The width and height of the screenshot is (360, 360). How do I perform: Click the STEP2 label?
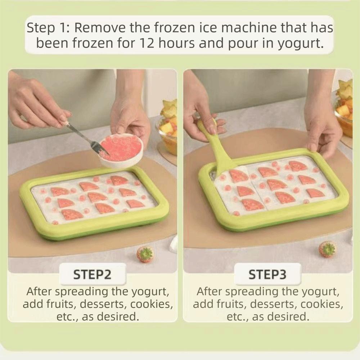(92, 275)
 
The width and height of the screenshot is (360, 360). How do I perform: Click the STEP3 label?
(267, 275)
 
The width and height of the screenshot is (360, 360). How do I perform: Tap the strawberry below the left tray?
(145, 254)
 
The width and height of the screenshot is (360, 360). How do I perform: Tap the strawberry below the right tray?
(328, 249)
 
